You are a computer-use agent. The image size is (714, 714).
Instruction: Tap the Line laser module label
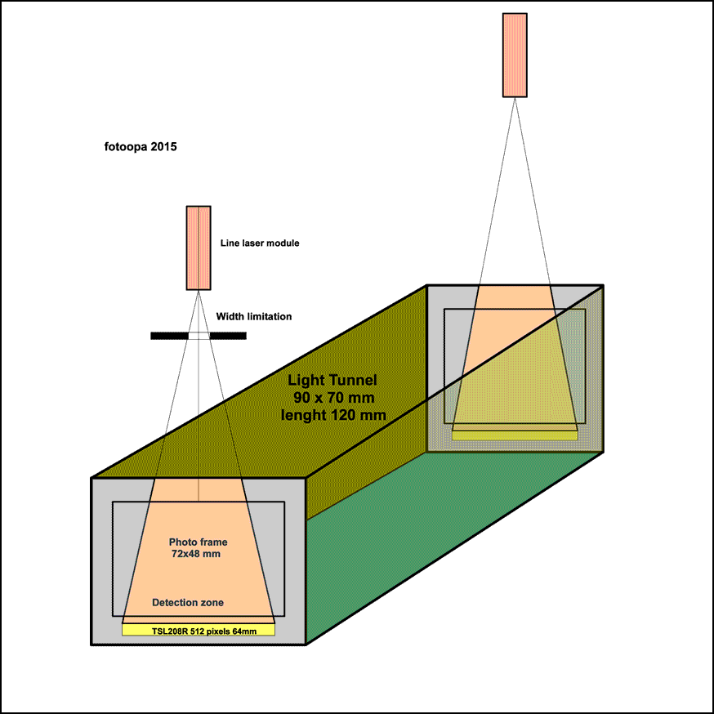pos(260,243)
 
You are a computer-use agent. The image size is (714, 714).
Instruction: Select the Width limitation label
pos(254,316)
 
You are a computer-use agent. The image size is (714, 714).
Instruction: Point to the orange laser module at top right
pos(515,55)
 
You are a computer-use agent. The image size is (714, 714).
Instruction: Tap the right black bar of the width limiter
pos(228,335)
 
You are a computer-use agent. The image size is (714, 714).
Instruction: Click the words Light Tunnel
pos(332,381)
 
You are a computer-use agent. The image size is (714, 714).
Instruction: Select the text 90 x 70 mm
pos(332,397)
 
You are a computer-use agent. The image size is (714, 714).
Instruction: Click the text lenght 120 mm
pos(332,414)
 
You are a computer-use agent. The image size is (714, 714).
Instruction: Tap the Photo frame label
pos(198,542)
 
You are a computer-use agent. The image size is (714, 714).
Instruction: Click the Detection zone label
pos(188,603)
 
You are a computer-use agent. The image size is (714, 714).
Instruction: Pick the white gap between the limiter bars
pos(199,335)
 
